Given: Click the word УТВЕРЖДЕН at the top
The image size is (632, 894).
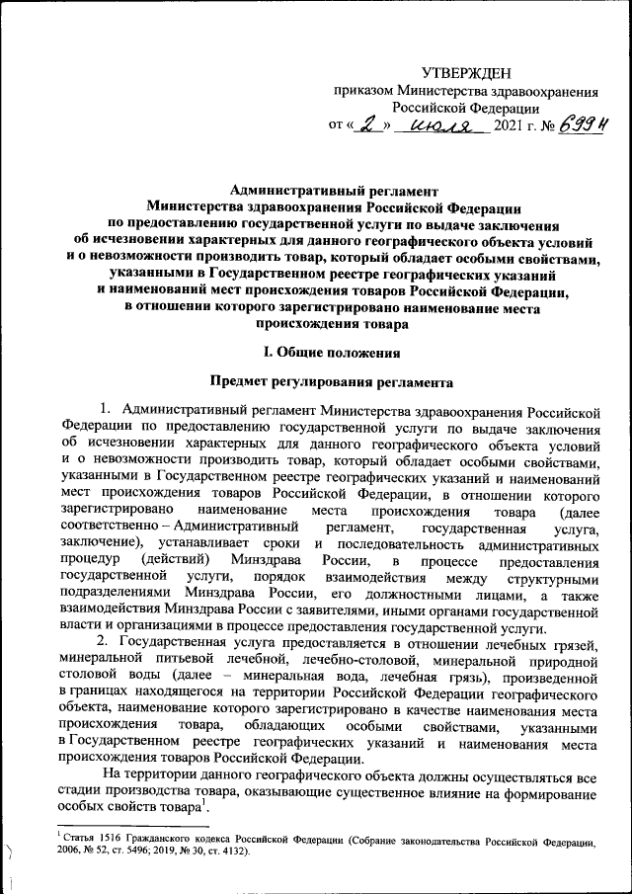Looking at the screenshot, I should tap(466, 73).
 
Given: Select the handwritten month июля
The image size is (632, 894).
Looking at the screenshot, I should tap(440, 125).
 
